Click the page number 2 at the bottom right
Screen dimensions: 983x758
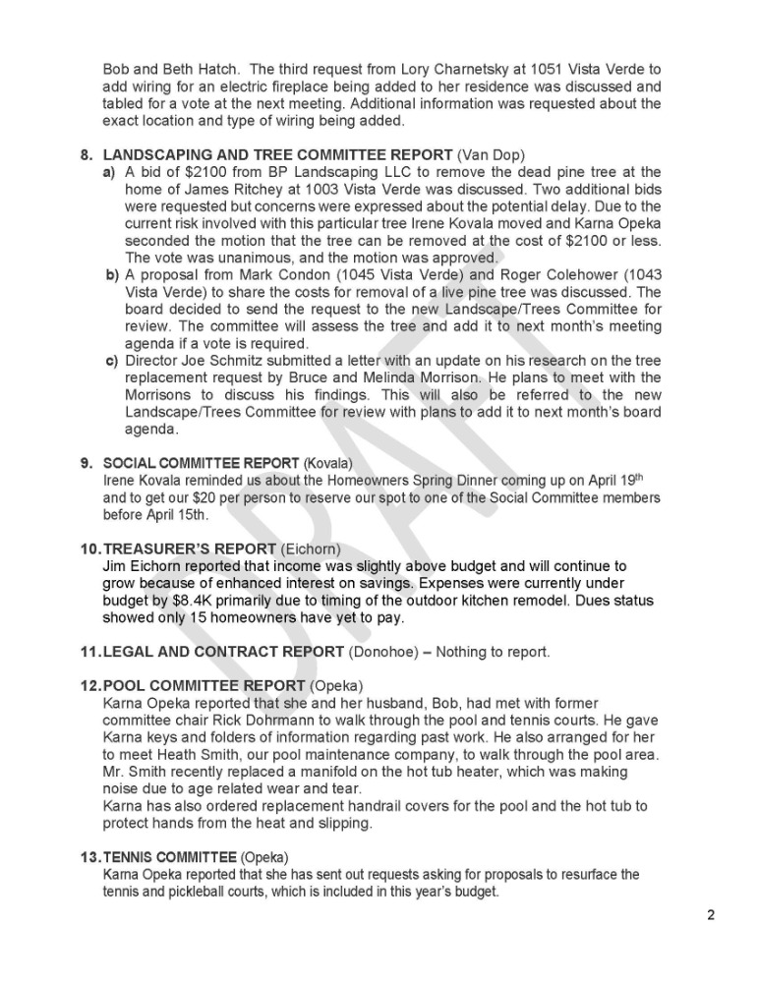(711, 916)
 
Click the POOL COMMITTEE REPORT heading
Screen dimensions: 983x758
(204, 685)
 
